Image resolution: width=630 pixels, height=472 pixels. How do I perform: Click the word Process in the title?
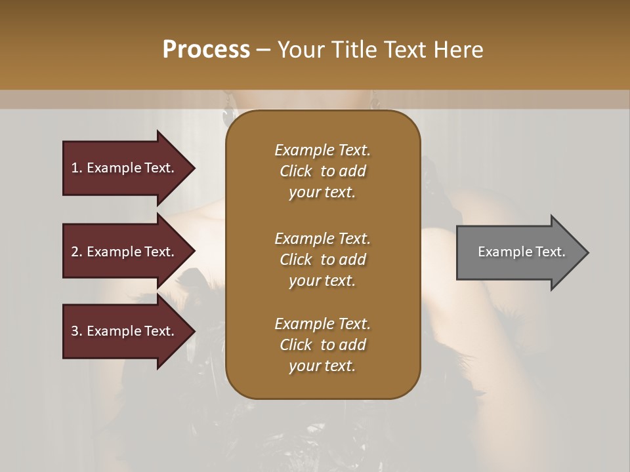coord(206,49)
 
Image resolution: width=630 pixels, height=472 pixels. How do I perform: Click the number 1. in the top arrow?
coord(77,168)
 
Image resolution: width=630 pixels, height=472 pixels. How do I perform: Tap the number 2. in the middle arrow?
coord(77,252)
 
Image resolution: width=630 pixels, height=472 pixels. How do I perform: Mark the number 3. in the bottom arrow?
coord(77,331)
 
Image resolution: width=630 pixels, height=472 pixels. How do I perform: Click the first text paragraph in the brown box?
coord(322,171)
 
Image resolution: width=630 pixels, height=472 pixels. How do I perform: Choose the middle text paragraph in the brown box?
coord(322,260)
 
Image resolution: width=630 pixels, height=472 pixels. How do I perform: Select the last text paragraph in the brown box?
coord(322,345)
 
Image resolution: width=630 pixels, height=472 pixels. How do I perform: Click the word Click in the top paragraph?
coord(295,171)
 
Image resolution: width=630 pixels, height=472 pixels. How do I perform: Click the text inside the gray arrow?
coord(521,252)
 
